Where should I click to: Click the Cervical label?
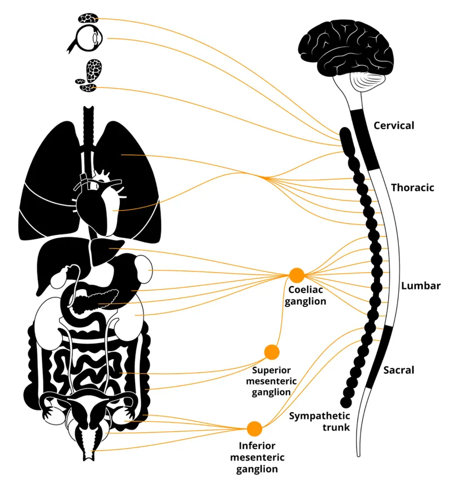[394, 125]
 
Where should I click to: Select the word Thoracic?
[412, 187]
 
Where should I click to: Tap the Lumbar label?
[420, 286]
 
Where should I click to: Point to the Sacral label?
[399, 370]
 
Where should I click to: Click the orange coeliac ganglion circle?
[297, 275]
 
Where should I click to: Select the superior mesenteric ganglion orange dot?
[272, 352]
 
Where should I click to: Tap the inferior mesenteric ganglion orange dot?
[254, 428]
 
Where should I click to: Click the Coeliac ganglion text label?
[306, 296]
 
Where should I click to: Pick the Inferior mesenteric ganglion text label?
[257, 457]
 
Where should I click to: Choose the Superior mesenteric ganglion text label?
[272, 380]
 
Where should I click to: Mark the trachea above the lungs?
[90, 121]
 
